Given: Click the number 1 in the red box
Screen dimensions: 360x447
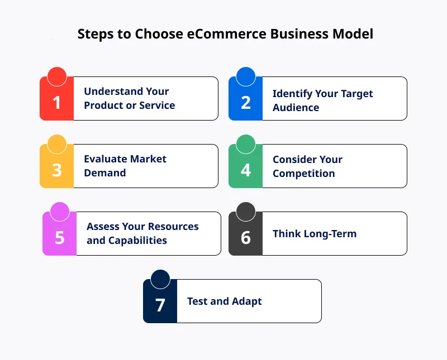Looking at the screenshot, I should click(x=56, y=102).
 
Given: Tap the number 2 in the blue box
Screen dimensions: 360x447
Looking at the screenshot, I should click(x=246, y=102).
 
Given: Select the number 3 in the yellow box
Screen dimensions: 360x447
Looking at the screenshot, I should click(x=56, y=170).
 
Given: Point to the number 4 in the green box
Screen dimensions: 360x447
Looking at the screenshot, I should click(x=246, y=170).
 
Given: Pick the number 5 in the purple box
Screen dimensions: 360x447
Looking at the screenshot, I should click(x=59, y=237).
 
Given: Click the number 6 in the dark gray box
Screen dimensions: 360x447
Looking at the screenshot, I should click(x=246, y=237).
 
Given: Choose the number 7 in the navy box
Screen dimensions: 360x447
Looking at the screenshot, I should click(x=160, y=305).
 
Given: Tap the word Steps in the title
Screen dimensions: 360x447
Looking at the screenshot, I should click(x=95, y=33).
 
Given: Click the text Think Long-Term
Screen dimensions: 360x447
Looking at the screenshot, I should click(x=314, y=234).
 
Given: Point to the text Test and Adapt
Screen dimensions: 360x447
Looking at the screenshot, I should click(x=224, y=301).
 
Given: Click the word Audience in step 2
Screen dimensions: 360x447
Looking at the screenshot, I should click(x=296, y=107).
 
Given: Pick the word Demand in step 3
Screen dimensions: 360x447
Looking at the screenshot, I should click(x=105, y=173).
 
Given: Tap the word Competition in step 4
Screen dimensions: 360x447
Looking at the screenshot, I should click(x=303, y=173).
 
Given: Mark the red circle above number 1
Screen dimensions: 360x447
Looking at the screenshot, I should click(x=56, y=76).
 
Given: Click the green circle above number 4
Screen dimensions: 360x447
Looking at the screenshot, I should click(x=246, y=144).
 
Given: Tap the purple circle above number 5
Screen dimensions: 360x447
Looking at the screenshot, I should click(x=59, y=212).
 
